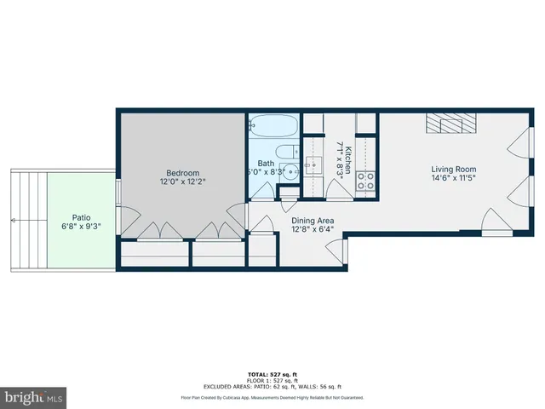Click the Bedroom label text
(182, 170)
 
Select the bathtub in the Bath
(273, 130)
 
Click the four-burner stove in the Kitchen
(366, 180)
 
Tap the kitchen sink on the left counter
(313, 164)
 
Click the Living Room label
(452, 169)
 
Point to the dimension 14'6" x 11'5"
(452, 179)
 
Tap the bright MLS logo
(34, 397)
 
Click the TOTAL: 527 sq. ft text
(272, 374)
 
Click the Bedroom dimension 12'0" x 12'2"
(182, 181)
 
